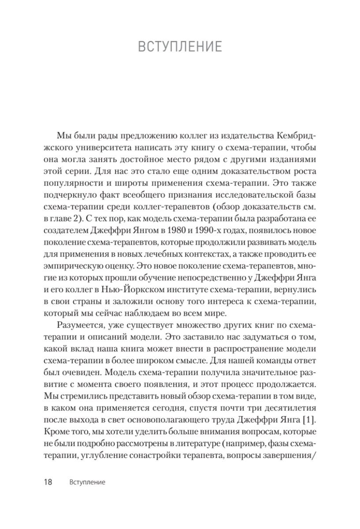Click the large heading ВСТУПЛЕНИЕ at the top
click(180, 46)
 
